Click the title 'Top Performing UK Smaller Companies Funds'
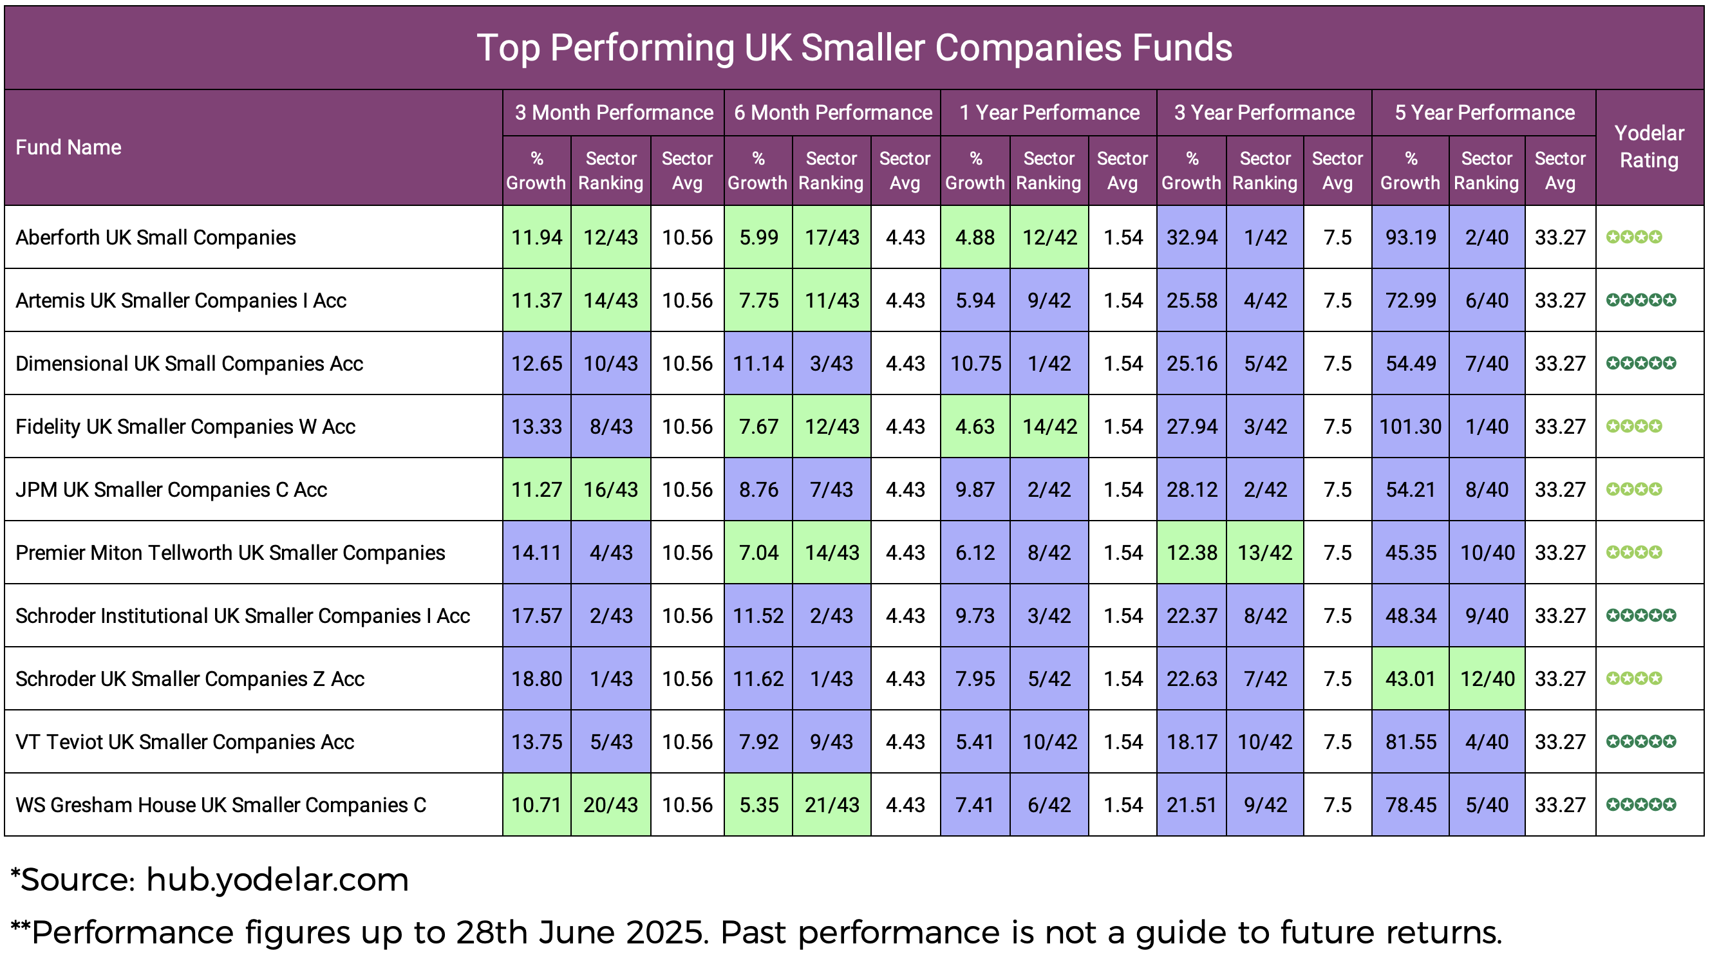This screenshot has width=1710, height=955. click(854, 48)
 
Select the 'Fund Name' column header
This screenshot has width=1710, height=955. click(68, 147)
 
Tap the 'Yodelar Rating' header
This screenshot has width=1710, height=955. click(1649, 147)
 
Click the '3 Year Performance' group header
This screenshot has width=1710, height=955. click(1264, 113)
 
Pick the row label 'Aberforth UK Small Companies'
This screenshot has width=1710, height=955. click(155, 237)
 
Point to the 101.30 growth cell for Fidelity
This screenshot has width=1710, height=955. click(1410, 427)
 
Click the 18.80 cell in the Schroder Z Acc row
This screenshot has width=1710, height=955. click(536, 679)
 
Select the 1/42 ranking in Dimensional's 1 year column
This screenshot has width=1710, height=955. click(1049, 364)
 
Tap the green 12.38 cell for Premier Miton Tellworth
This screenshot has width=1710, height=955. click(1192, 553)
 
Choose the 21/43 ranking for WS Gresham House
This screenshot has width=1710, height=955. click(831, 805)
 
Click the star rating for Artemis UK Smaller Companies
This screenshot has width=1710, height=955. click(1641, 301)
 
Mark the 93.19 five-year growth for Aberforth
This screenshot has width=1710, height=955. click(1410, 237)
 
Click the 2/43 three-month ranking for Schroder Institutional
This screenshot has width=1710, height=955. click(611, 616)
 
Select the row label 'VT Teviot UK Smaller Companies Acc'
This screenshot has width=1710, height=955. click(185, 742)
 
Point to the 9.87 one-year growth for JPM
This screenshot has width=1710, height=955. click(975, 490)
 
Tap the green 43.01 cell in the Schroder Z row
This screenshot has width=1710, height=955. click(1410, 679)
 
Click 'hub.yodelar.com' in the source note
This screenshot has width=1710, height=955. click(277, 880)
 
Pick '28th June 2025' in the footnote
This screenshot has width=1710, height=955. click(579, 932)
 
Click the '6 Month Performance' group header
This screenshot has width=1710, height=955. click(832, 113)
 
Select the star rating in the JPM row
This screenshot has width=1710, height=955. click(1634, 490)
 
